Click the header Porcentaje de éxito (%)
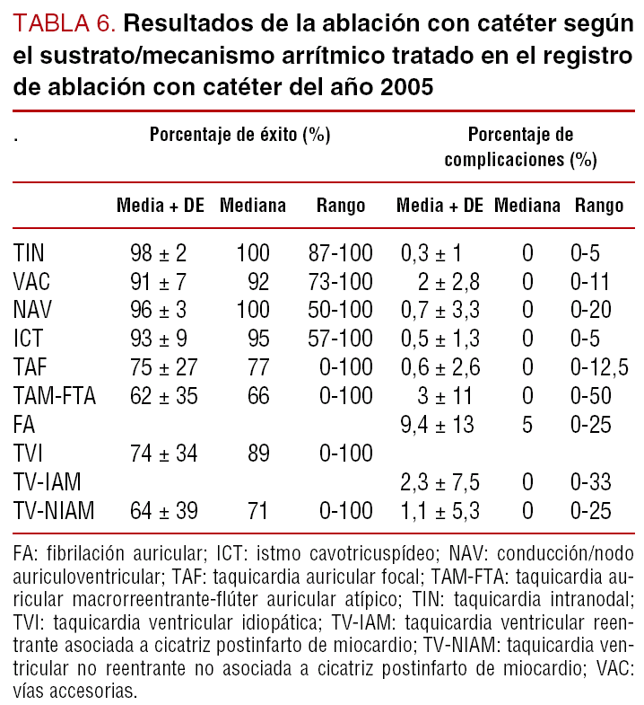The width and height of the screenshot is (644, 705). (239, 135)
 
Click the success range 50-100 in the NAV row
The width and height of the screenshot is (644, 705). (340, 311)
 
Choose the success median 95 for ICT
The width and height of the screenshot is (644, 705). (258, 339)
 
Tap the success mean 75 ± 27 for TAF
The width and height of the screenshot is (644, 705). (164, 367)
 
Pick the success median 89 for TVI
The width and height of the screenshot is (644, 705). (258, 453)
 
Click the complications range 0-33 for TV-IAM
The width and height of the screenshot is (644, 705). (591, 482)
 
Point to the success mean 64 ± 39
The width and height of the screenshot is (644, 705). (164, 511)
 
